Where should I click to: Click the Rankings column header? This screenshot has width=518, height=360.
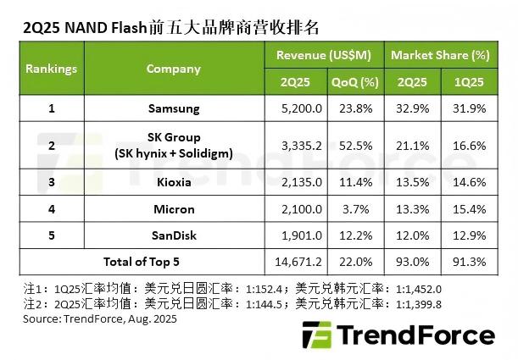[x=51, y=68]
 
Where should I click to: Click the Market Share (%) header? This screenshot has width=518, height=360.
[x=440, y=55]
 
